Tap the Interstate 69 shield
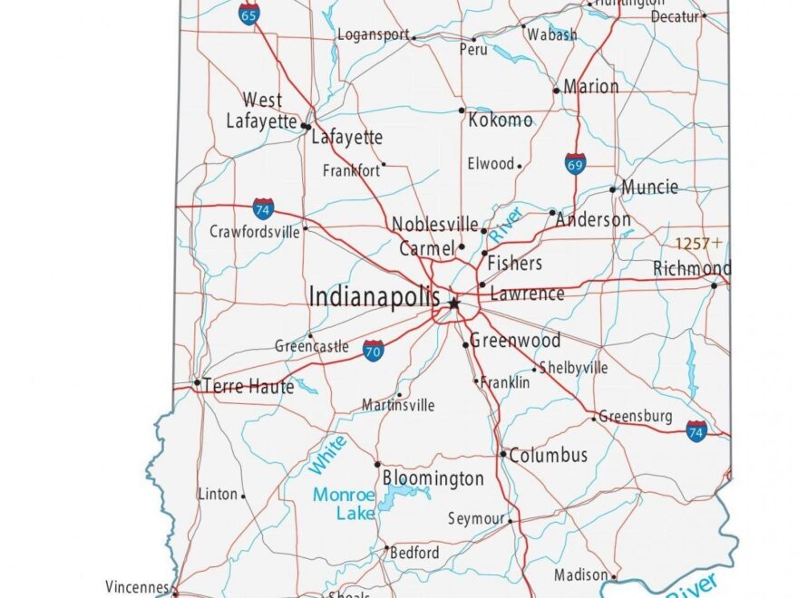pyautogui.click(x=574, y=163)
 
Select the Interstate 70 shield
pyautogui.click(x=373, y=351)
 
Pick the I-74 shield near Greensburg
pyautogui.click(x=696, y=431)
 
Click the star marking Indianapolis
pyautogui.click(x=453, y=304)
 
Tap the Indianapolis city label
pyautogui.click(x=375, y=296)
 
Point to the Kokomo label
pyautogui.click(x=500, y=120)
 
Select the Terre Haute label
pyautogui.click(x=248, y=387)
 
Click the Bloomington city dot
pyautogui.click(x=378, y=464)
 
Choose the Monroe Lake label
pyautogui.click(x=344, y=505)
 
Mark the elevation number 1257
pyautogui.click(x=693, y=244)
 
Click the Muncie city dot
pyautogui.click(x=613, y=189)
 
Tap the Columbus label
pyautogui.click(x=548, y=456)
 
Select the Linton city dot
pyautogui.click(x=243, y=495)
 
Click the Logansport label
pyautogui.click(x=373, y=34)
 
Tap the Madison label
pyautogui.click(x=580, y=575)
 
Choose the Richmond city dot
pyautogui.click(x=715, y=285)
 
